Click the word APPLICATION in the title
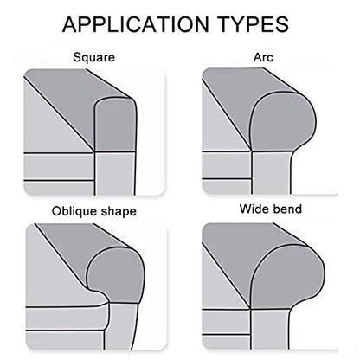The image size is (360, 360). pyautogui.click(x=135, y=24)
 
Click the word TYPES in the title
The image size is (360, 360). pyautogui.click(x=253, y=24)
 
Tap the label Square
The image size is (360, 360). pyautogui.click(x=94, y=57)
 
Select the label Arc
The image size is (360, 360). pyautogui.click(x=263, y=57)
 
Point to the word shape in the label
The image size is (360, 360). pyautogui.click(x=116, y=211)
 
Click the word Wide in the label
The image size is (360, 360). pyautogui.click(x=253, y=209)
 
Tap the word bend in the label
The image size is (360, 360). pyautogui.click(x=286, y=209)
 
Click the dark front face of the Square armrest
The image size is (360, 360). pyautogui.click(x=115, y=125)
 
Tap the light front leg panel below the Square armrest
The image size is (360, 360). pyautogui.click(x=115, y=174)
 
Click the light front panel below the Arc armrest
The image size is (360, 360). pyautogui.click(x=271, y=173)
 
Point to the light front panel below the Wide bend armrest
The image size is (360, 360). pyautogui.click(x=270, y=330)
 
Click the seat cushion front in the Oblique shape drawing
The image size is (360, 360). pyautogui.click(x=65, y=318)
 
